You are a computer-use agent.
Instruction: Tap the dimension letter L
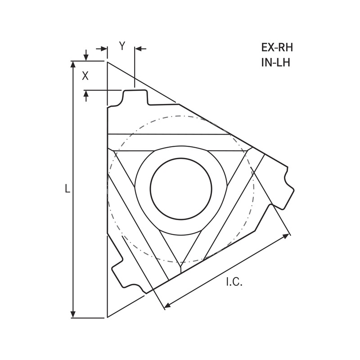(x=67, y=189)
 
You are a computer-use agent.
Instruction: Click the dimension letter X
(x=85, y=76)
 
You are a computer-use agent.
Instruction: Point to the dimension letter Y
(x=121, y=45)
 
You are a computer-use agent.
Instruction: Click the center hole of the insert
(x=181, y=189)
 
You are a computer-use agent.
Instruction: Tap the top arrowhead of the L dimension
(x=73, y=64)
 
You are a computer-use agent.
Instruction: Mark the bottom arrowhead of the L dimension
(x=73, y=314)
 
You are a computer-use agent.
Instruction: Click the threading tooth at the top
(x=135, y=95)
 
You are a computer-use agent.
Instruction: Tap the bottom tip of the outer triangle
(x=108, y=317)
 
